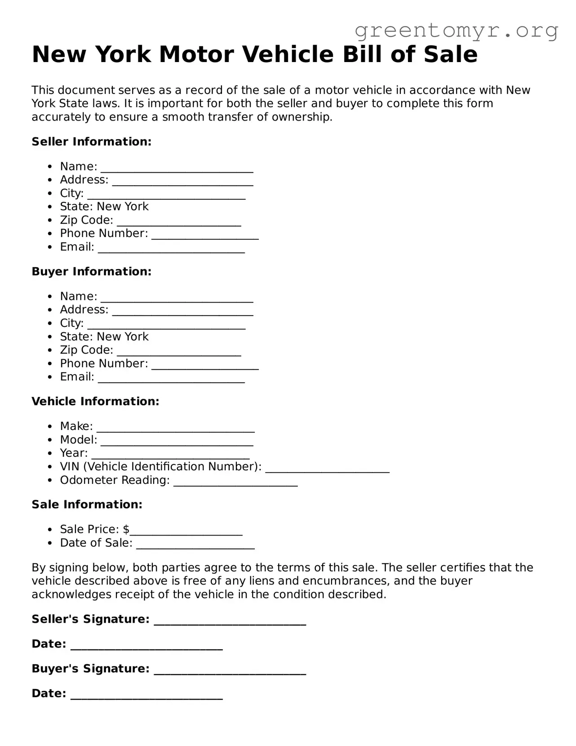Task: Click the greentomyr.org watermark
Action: coord(456,31)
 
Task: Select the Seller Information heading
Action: coord(91,142)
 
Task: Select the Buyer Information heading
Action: coord(91,272)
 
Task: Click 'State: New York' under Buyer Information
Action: coord(104,337)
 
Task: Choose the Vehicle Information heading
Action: coord(95,402)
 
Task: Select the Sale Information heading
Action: coord(87,505)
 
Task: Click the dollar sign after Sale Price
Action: coord(126,529)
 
